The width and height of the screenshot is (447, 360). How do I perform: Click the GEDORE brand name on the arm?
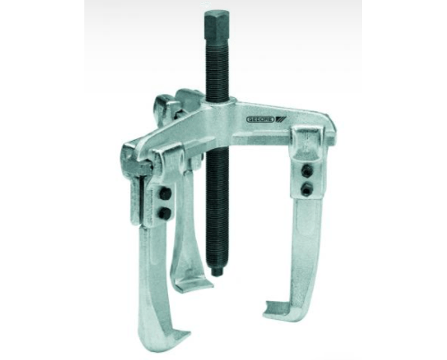coord(260,119)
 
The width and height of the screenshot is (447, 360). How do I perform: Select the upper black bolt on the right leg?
coord(307,172)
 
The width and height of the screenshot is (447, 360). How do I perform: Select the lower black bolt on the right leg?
coord(307,189)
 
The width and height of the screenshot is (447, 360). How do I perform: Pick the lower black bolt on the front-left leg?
coord(165,213)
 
